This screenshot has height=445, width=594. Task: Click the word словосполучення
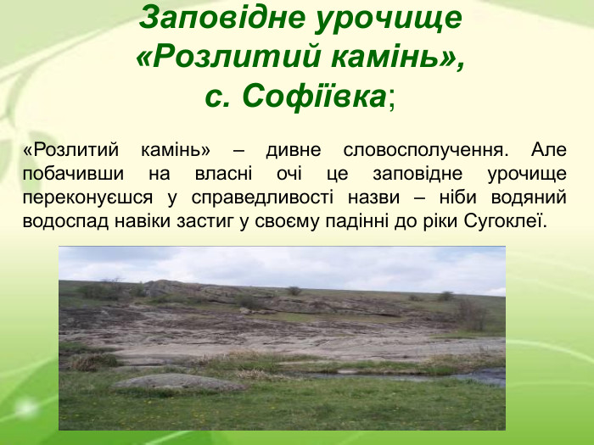(x=426, y=151)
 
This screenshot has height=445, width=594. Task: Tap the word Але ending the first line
(x=549, y=151)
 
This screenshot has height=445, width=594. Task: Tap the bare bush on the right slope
(x=469, y=314)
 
